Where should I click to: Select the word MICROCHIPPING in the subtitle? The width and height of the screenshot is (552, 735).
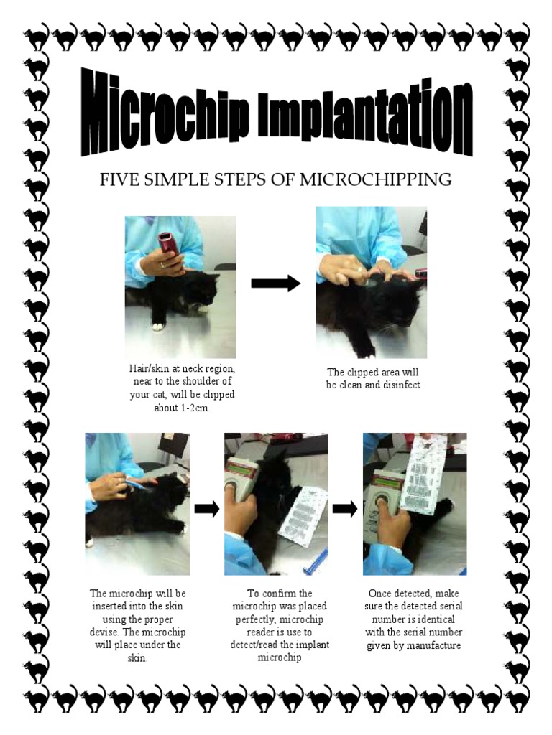375,179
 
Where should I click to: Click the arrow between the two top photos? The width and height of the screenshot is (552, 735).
275,283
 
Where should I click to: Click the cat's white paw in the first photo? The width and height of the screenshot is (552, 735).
157,327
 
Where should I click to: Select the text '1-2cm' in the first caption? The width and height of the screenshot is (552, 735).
194,408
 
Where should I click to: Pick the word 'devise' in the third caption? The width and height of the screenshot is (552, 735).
103,632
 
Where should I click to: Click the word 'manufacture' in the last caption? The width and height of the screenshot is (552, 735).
433,645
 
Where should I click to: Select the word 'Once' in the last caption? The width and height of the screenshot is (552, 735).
379,593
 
